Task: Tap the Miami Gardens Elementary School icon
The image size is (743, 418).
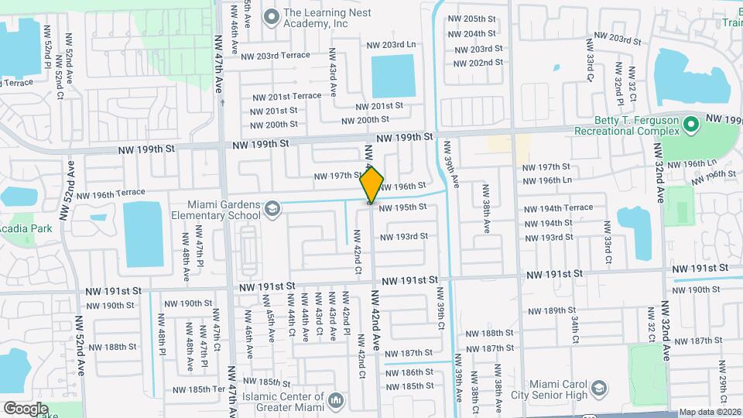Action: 272,208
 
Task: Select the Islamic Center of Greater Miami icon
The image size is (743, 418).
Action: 335,399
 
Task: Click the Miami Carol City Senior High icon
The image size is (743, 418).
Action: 598,387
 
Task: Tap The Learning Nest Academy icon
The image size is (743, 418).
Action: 271,15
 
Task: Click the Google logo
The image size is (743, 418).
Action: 26,409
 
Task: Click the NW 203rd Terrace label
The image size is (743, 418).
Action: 276,56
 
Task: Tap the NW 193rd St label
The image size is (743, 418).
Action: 403,236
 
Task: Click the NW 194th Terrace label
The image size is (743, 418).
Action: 557,208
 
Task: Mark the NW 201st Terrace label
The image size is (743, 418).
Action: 286,96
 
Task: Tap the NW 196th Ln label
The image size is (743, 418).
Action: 547,180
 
